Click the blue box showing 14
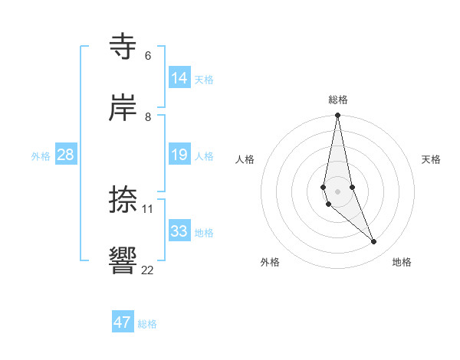[x=179, y=77]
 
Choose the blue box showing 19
[x=179, y=155]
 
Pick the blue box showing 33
[x=179, y=231]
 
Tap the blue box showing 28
[x=66, y=155]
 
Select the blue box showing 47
[x=123, y=322]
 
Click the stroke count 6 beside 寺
[x=148, y=56]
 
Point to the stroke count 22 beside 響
[x=148, y=270]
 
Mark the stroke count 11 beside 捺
[x=148, y=208]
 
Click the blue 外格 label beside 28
[x=41, y=156]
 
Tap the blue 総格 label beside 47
[x=147, y=324]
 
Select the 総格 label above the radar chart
[x=338, y=100]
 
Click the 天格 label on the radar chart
[x=431, y=159]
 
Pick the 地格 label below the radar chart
[x=402, y=262]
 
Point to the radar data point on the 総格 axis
[x=337, y=116]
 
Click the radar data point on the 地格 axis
[x=374, y=242]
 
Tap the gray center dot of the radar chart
[x=337, y=191]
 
